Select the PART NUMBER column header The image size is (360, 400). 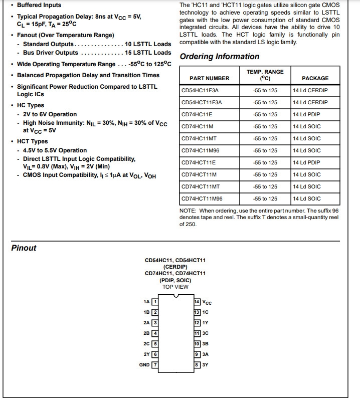tap(209, 78)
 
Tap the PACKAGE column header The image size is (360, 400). tap(315, 78)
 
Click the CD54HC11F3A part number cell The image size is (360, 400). tap(200, 90)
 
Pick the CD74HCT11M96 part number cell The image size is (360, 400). tap(202, 198)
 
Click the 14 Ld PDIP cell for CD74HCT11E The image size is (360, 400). tap(306, 162)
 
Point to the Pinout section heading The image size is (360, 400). tap(24, 248)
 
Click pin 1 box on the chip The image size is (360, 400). tap(155, 302)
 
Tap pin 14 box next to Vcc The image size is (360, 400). tap(197, 302)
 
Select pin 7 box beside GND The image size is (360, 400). tap(155, 364)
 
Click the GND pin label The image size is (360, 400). tap(144, 364)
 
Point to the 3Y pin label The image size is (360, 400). tap(206, 364)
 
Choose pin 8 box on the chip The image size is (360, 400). tap(197, 364)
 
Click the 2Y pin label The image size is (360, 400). tap(146, 354)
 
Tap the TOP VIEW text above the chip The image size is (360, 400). tap(175, 287)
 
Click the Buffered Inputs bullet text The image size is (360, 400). tap(39, 5)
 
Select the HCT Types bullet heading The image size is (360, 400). tap(33, 141)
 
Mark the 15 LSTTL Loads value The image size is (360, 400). tap(148, 53)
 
